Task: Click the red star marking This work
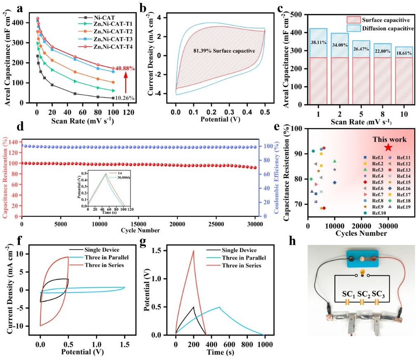click(388, 147)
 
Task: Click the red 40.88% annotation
click(125, 69)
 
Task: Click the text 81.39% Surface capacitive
click(224, 51)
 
